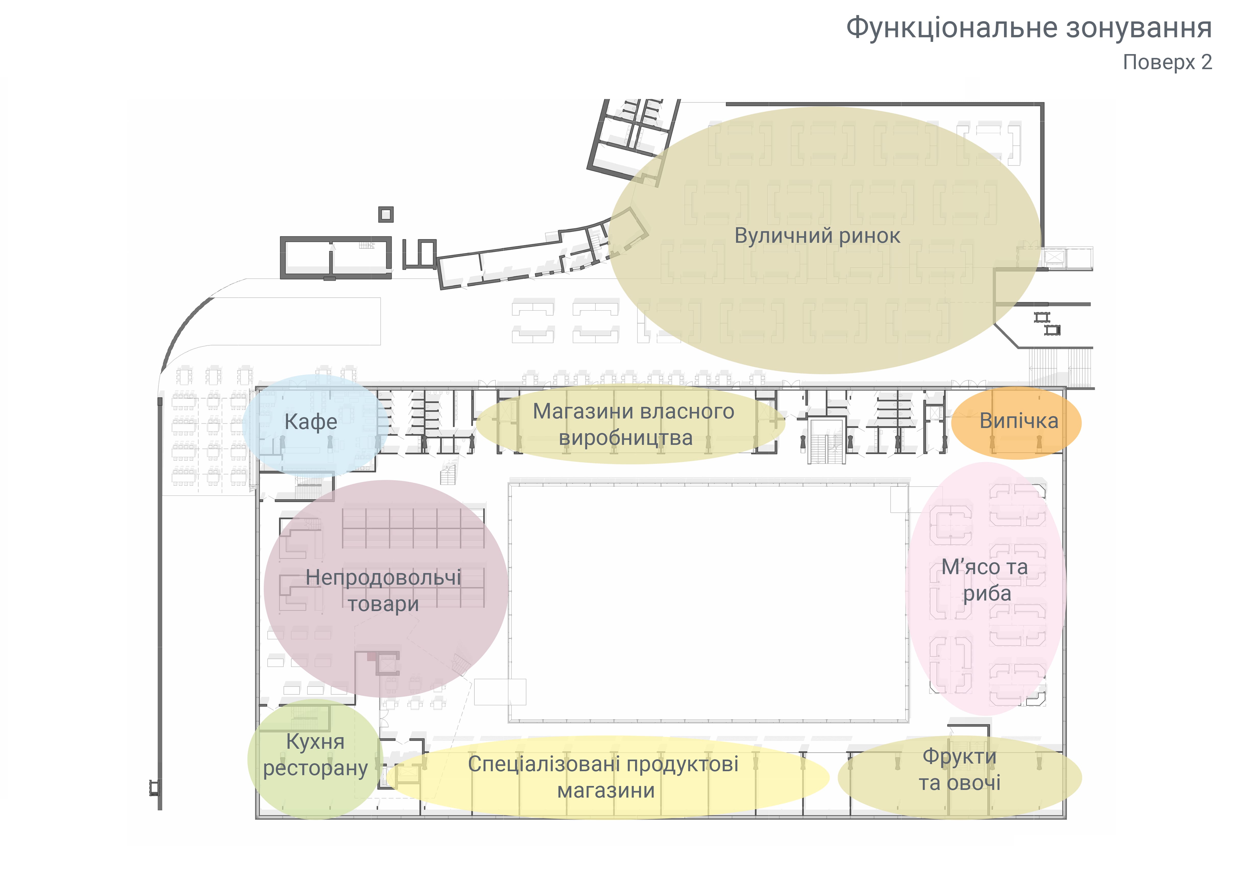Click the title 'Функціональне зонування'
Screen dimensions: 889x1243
point(1028,27)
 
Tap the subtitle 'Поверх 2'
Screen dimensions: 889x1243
point(1167,63)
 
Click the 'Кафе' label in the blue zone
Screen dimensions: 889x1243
point(311,422)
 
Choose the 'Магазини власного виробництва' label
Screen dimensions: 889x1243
point(633,424)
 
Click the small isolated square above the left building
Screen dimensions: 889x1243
point(386,214)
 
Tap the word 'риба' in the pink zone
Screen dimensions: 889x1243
point(987,594)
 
